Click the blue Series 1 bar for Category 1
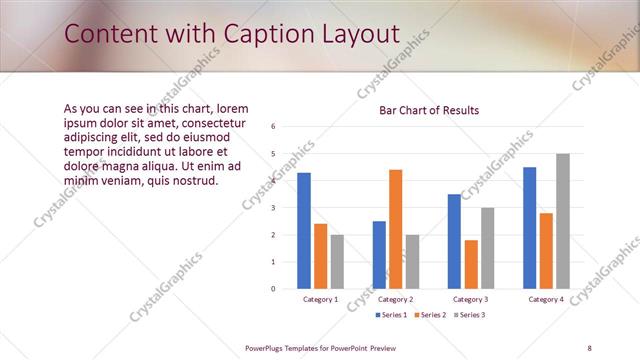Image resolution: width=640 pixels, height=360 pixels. click(x=304, y=231)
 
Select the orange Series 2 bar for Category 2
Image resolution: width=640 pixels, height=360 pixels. click(x=395, y=229)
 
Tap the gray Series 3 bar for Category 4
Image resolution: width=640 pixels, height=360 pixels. click(x=562, y=221)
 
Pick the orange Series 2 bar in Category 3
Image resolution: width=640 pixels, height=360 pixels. click(x=471, y=264)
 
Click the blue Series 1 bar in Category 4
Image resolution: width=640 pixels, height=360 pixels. click(x=529, y=228)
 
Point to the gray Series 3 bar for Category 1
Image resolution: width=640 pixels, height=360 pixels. click(x=337, y=262)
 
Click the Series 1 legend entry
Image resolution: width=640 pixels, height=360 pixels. click(x=391, y=316)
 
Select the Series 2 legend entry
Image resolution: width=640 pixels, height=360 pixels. click(x=429, y=316)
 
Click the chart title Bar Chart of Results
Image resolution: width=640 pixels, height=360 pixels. click(x=428, y=110)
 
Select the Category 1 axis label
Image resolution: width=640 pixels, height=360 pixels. click(x=320, y=299)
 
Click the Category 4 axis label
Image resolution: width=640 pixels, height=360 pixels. click(x=546, y=299)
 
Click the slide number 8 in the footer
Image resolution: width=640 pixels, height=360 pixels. click(x=589, y=347)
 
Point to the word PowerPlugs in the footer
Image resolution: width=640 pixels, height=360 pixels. click(x=267, y=347)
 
